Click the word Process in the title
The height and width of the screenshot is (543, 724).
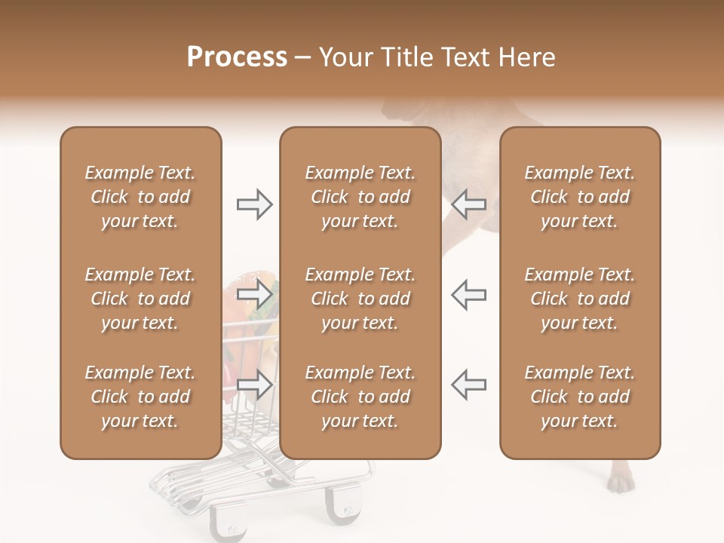click(x=237, y=57)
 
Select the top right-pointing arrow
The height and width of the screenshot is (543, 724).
click(x=254, y=204)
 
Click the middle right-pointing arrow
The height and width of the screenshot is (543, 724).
click(x=254, y=293)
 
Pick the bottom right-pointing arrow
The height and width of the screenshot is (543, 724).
click(x=254, y=385)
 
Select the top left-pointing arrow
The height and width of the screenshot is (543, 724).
click(x=469, y=204)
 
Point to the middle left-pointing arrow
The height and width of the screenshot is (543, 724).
click(x=469, y=293)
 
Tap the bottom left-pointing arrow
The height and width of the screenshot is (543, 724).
click(x=469, y=385)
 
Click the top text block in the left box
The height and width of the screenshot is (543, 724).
click(x=140, y=197)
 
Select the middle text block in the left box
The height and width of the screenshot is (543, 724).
click(x=140, y=299)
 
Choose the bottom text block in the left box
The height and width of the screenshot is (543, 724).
click(x=140, y=397)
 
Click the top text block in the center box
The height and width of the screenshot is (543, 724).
click(x=360, y=197)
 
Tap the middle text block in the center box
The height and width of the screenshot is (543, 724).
click(x=360, y=299)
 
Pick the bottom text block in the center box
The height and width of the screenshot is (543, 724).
click(x=360, y=397)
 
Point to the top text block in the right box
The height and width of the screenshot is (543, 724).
click(x=580, y=197)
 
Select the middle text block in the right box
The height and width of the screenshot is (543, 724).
click(x=580, y=299)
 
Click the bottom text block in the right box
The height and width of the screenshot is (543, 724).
click(x=580, y=397)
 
